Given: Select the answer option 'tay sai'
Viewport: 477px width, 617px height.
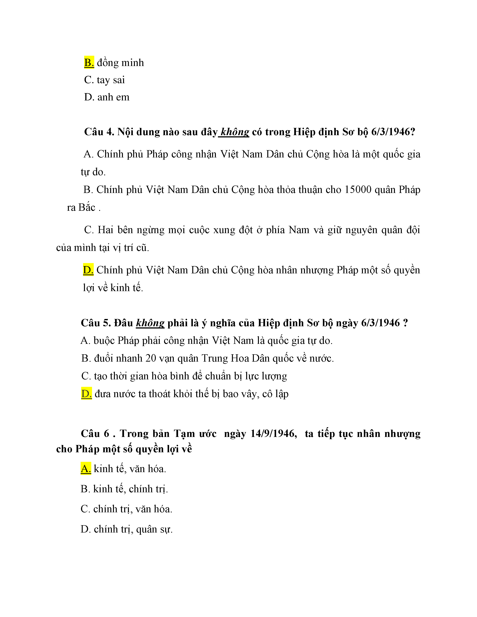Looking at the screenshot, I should coord(111,80).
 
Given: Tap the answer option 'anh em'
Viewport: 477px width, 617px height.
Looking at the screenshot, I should coord(113,97).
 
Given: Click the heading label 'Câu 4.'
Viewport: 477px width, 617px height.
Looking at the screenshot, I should coord(99,132).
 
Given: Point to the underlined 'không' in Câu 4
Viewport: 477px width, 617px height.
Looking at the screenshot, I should coord(235,132).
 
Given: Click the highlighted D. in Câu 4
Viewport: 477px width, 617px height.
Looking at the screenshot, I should coord(88,270).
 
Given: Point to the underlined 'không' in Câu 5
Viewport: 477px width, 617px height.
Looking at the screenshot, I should coord(150,323).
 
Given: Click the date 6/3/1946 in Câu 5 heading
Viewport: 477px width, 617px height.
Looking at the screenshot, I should coord(380,323).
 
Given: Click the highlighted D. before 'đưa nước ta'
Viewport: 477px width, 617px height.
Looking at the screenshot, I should coord(86,394).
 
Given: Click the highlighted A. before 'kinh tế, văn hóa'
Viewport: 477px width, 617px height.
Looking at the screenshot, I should coord(86,469).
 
